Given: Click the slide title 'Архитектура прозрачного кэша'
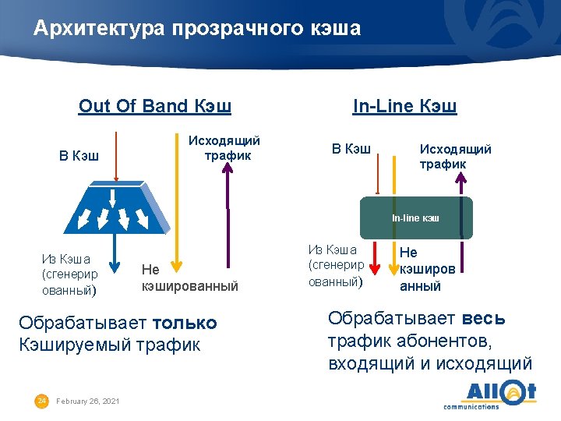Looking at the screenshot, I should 197,29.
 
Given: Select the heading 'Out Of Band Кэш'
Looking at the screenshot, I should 155,106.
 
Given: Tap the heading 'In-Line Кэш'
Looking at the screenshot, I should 404,106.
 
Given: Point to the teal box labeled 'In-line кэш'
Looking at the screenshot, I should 415,218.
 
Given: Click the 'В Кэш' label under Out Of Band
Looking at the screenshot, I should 79,155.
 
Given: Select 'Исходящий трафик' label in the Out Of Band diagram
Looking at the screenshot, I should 224,147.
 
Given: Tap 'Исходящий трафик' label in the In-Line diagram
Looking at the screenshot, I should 455,156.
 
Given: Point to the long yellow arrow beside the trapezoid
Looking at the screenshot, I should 178,203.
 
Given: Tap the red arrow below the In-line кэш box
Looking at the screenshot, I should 376,258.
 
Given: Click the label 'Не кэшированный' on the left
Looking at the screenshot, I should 189,278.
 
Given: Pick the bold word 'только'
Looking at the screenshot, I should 185,323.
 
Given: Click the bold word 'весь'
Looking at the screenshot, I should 483,318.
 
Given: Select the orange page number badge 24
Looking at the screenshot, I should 42,400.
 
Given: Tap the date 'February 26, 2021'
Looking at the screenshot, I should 89,401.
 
